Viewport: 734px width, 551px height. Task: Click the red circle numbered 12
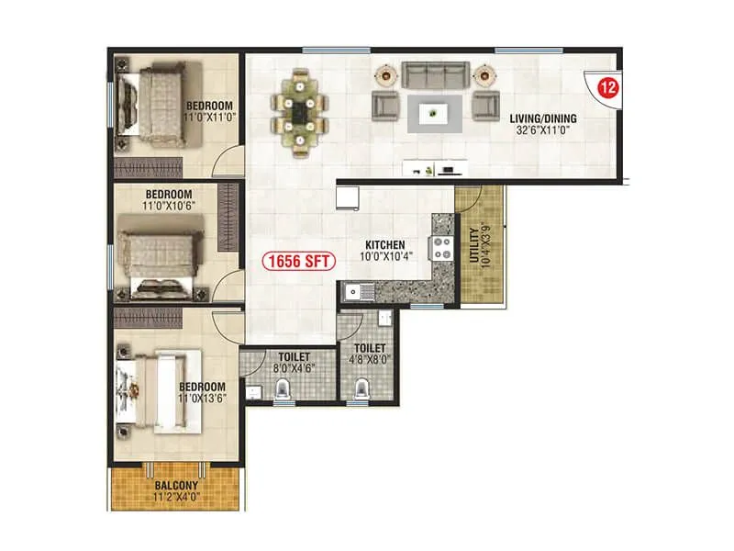click(x=606, y=88)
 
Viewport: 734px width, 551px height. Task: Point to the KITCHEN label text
click(x=385, y=244)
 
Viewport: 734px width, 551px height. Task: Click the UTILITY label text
click(x=474, y=246)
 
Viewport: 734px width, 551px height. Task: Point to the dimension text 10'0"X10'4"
click(x=385, y=257)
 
